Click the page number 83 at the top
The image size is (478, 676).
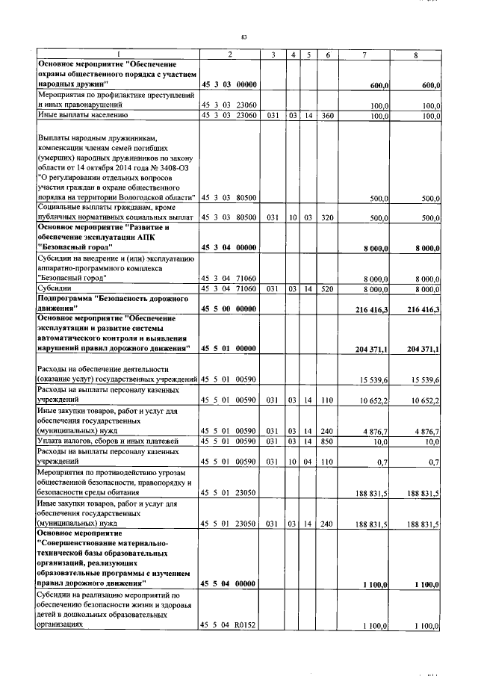point(243,36)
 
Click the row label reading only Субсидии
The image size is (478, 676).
point(55,288)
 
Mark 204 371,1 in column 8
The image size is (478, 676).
point(423,348)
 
